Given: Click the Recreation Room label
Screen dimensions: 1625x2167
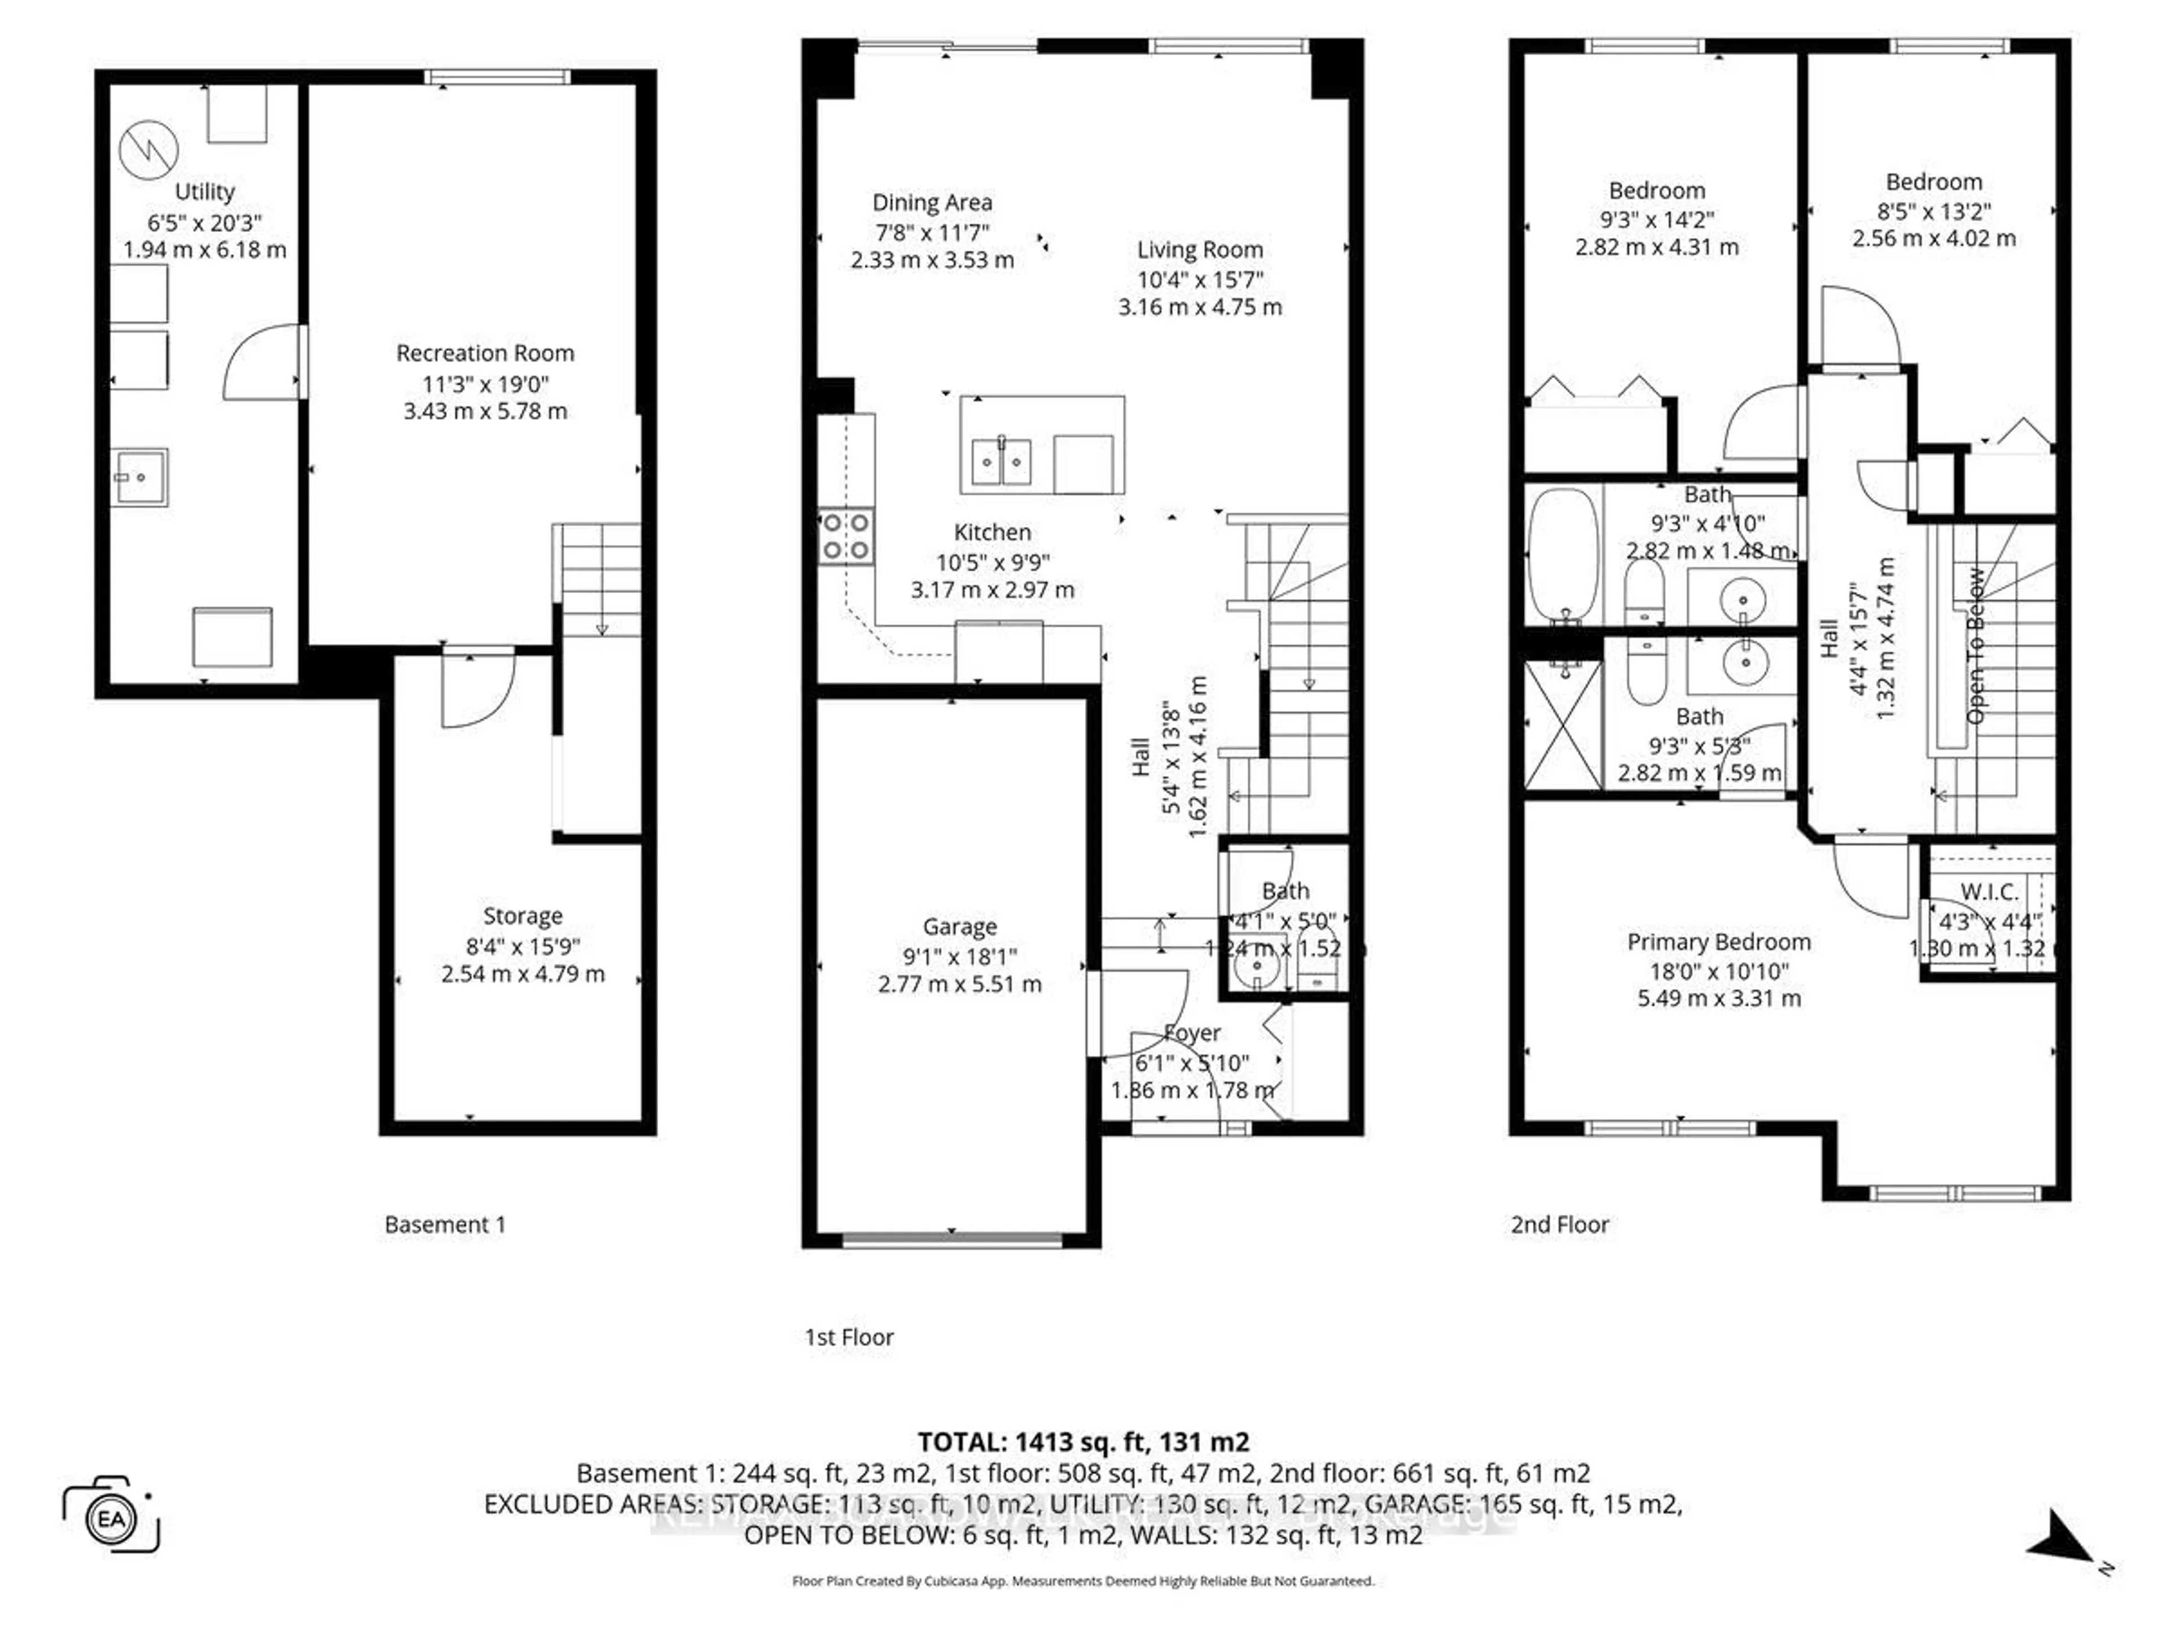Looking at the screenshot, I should (x=485, y=353).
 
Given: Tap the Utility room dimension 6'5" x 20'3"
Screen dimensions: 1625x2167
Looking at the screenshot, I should (x=205, y=221).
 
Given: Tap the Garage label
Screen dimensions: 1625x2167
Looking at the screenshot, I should (x=959, y=926).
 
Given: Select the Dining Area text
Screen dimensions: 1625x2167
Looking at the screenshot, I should (x=932, y=203).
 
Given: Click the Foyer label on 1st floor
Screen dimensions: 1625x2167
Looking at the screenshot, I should (x=1192, y=1033).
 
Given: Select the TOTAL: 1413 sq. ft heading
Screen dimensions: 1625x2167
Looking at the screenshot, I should (x=1082, y=1442).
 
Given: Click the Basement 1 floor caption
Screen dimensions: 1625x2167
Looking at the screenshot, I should (x=445, y=1224).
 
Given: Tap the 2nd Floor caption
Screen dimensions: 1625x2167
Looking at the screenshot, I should (x=1560, y=1224).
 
